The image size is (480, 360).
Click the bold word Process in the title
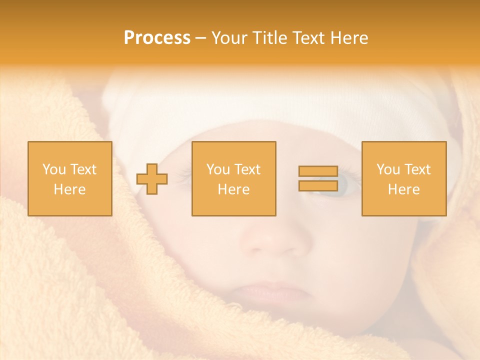click(157, 38)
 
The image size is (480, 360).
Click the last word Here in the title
click(350, 38)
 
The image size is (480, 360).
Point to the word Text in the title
click(308, 38)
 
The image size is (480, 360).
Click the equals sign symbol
click(318, 178)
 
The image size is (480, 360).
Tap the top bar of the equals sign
click(318, 171)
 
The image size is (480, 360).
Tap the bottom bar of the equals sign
click(318, 185)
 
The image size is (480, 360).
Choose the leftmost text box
click(70, 178)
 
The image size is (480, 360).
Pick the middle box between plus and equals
click(233, 178)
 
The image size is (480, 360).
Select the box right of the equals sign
click(404, 178)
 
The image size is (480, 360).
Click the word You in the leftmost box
click(53, 169)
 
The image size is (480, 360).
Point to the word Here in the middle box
click(233, 189)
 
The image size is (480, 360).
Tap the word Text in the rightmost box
click(418, 169)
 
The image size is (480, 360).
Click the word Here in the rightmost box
click(404, 189)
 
